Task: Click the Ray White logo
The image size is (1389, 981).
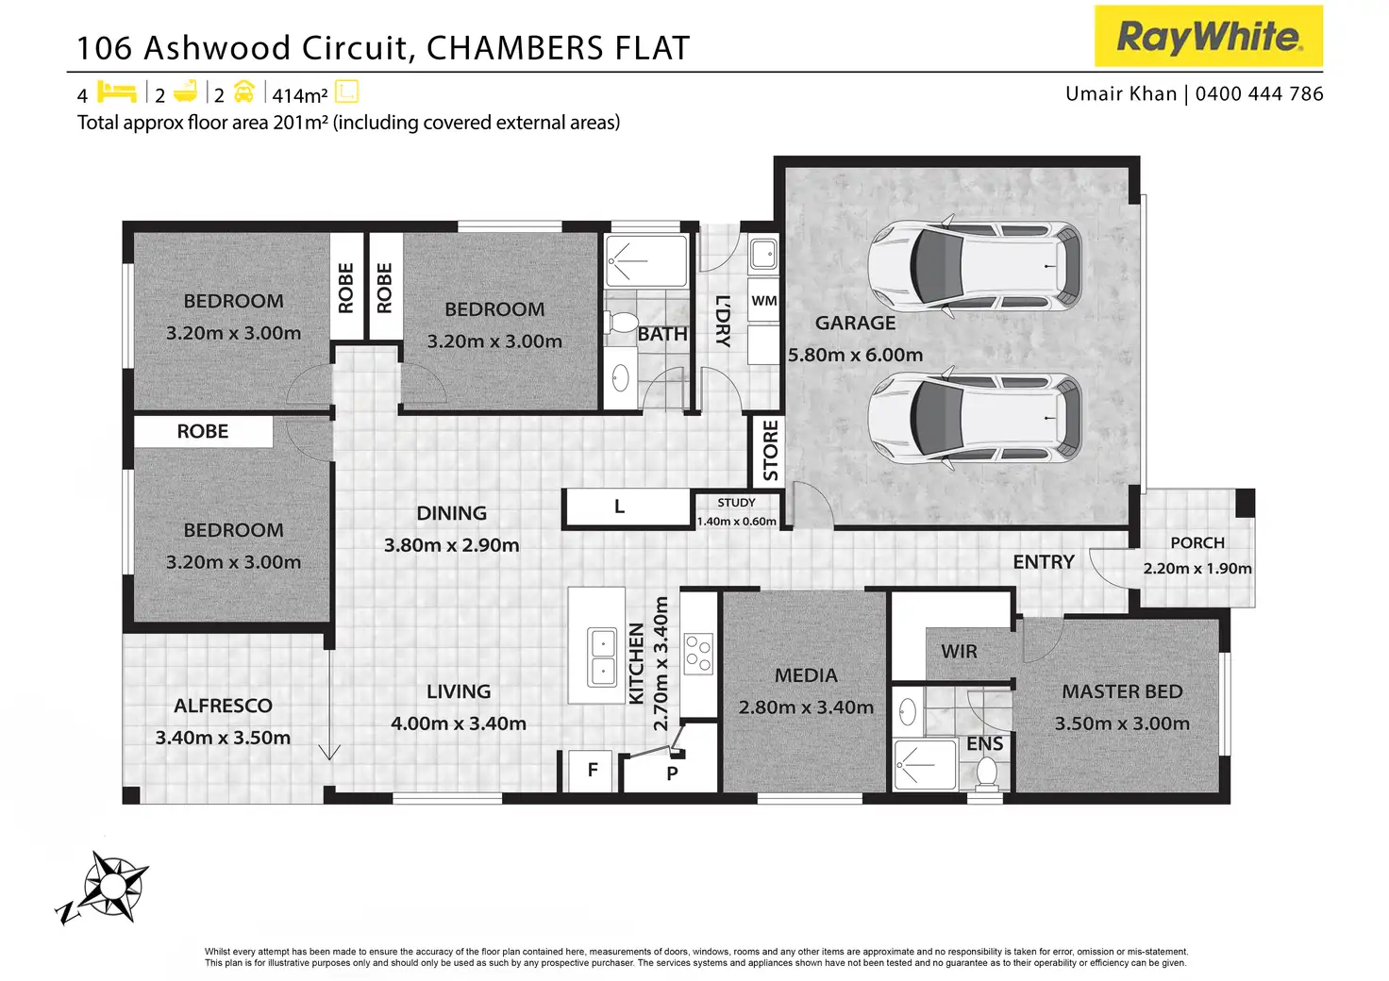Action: click(1208, 37)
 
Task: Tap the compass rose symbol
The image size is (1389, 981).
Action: click(110, 887)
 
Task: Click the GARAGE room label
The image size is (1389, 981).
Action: click(855, 323)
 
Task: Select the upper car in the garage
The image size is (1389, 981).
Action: click(975, 266)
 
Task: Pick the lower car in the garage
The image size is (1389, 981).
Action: click(975, 418)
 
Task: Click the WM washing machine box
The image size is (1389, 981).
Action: click(764, 301)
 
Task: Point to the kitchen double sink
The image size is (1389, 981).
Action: click(602, 657)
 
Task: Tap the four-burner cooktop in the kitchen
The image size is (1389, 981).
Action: click(698, 654)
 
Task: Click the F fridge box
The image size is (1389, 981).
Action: click(592, 771)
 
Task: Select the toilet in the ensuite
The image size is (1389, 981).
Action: click(987, 773)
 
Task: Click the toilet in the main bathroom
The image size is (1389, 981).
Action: click(621, 323)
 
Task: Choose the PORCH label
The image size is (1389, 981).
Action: click(1197, 543)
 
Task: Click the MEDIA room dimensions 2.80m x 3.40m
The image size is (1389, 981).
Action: click(806, 707)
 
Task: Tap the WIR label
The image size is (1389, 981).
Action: click(959, 652)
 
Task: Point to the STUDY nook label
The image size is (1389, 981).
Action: click(736, 503)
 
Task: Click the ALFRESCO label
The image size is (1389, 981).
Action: click(223, 706)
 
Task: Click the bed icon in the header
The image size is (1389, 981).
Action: click(117, 92)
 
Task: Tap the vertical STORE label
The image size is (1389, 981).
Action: click(771, 451)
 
